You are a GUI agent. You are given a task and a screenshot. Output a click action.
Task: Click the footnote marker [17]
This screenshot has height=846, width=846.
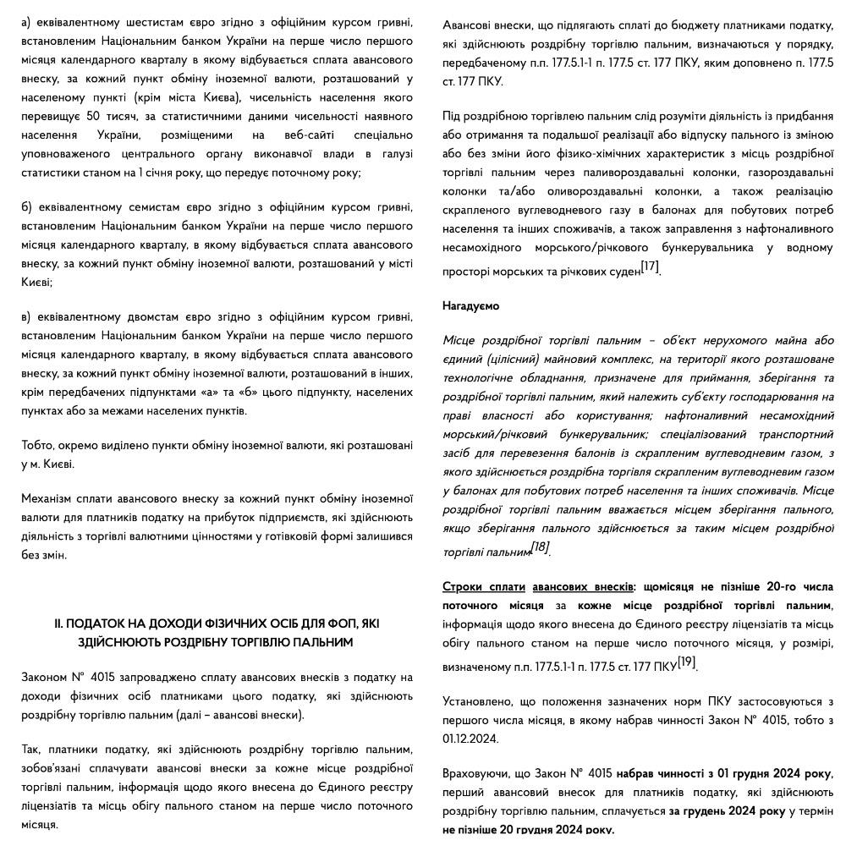(650, 266)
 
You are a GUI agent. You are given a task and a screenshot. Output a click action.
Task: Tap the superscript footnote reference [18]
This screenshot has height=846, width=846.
(541, 547)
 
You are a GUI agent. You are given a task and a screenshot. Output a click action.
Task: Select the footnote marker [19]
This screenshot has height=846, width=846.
(687, 662)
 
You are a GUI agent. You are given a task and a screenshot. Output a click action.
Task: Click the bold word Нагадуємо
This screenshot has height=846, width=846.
(470, 306)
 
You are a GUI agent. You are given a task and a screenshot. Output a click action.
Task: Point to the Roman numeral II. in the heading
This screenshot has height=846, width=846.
(58, 624)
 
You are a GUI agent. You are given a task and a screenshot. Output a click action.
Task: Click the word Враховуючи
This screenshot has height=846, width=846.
(476, 773)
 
